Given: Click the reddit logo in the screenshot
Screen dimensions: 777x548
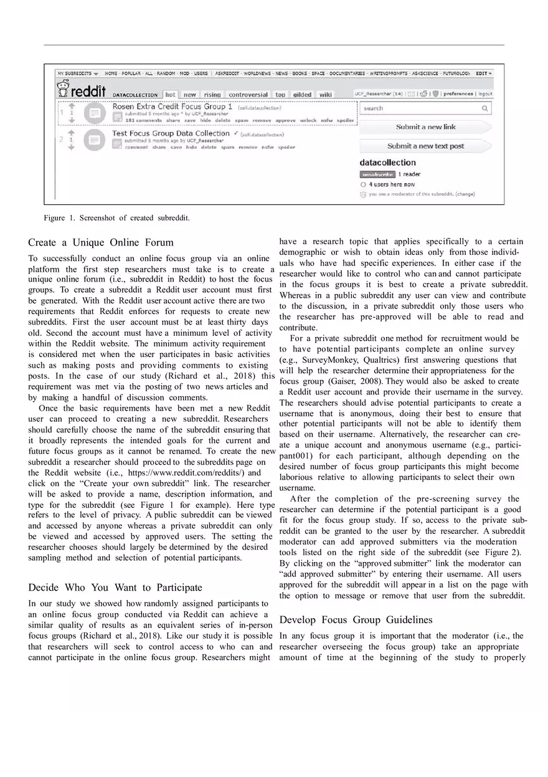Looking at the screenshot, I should [x=83, y=92].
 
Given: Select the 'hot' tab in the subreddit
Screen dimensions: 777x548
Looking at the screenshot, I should [x=169, y=95].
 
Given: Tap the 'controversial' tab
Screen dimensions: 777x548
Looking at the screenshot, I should [x=248, y=95].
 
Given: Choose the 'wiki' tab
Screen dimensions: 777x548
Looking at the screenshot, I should [x=326, y=95].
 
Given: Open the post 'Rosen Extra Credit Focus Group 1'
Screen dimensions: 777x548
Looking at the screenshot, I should [x=172, y=107].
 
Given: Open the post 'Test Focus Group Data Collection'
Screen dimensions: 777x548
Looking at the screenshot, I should [x=171, y=133].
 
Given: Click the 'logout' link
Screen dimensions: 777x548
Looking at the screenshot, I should [x=484, y=94].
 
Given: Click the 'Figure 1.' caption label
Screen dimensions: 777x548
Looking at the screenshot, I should [x=59, y=218].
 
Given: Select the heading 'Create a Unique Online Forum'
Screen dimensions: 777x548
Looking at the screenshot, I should [x=101, y=242].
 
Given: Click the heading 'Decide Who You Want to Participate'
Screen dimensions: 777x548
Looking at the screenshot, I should [x=115, y=588].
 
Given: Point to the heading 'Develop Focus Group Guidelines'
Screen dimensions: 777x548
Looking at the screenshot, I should [x=356, y=620].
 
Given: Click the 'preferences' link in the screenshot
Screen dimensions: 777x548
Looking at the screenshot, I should [x=458, y=94].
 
